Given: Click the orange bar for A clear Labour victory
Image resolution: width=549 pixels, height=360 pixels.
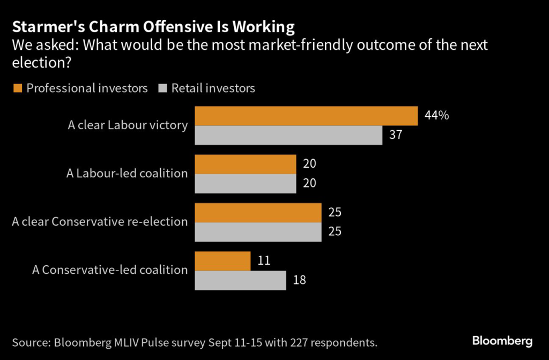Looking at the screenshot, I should tap(306, 116).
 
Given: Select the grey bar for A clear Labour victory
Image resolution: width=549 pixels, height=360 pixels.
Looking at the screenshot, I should tap(288, 135).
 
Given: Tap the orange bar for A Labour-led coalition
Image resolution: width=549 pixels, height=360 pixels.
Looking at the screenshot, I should tap(245, 164).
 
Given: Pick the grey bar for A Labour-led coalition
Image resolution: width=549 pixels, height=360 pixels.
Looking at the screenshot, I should tap(245, 183).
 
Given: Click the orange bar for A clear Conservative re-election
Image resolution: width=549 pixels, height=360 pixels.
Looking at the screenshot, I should tap(257, 212).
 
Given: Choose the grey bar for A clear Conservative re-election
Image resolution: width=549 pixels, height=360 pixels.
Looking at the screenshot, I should tap(257, 231).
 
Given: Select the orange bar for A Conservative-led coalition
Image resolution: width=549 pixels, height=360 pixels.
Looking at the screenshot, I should tap(222, 261).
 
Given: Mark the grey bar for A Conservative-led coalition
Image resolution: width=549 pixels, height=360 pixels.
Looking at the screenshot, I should tap(240, 280).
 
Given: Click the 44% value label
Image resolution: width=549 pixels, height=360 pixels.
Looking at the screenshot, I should tap(436, 115).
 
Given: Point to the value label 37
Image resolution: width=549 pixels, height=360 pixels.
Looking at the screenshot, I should tap(396, 135).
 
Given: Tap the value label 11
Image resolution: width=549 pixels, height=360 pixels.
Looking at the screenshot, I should tap(263, 261).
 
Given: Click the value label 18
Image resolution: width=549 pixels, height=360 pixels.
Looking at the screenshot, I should tap(299, 280).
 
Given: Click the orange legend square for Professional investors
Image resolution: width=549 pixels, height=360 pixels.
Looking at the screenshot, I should tap(17, 88).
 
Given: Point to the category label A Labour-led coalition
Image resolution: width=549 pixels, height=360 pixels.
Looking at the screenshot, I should tap(127, 174).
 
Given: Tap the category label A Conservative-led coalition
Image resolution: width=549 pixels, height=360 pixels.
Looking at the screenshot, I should tap(110, 270).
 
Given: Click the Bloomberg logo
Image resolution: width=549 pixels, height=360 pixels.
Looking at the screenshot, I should tap(502, 341).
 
